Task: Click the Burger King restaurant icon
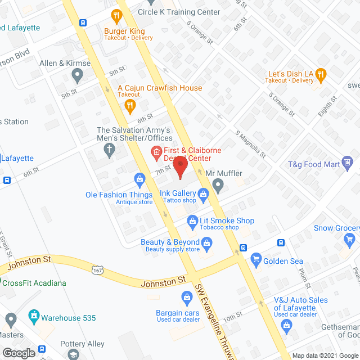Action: (117, 15)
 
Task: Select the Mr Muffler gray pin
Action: (219, 184)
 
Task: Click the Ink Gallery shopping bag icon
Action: (203, 194)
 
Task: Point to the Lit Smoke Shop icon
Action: (192, 221)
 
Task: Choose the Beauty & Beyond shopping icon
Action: (206, 243)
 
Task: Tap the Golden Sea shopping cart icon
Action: (256, 260)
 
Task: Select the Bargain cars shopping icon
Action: (187, 296)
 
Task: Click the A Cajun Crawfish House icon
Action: (130, 105)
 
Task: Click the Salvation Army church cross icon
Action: (110, 150)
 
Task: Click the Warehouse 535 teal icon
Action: (34, 316)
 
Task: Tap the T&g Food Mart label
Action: (323, 164)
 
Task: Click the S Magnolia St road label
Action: (250, 145)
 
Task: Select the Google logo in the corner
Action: (18, 353)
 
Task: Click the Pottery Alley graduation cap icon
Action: (73, 354)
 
